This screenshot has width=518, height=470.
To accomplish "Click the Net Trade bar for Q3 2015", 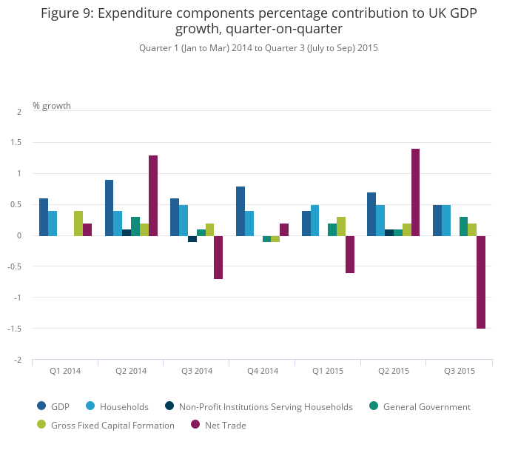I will click(x=481, y=282).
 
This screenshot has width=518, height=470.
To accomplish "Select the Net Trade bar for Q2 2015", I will click(x=415, y=192).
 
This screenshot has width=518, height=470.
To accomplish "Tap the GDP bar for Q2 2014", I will click(x=109, y=208).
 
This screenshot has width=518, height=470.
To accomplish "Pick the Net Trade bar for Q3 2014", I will click(x=218, y=258).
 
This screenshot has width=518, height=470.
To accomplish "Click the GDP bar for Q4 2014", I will click(x=240, y=211).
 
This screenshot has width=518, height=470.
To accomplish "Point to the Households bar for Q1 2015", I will click(x=314, y=221).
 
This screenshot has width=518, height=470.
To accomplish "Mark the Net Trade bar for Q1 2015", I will click(x=350, y=255).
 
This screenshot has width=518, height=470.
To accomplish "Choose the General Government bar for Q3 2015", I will click(x=463, y=226).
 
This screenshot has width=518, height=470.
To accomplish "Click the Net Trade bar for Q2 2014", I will click(x=153, y=195).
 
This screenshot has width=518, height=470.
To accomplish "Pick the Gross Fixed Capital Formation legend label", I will click(x=113, y=425).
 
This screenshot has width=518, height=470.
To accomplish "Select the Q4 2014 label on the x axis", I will click(x=263, y=371).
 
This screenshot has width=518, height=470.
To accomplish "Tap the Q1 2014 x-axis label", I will click(x=65, y=371).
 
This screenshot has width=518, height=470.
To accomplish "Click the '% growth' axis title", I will click(x=52, y=106).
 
